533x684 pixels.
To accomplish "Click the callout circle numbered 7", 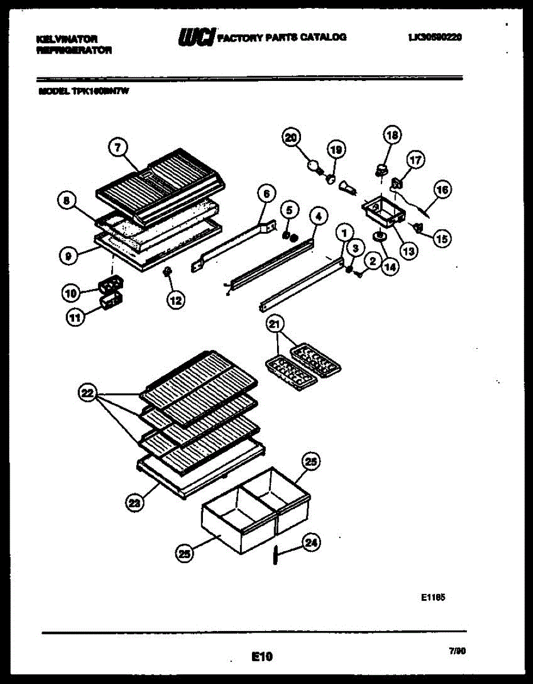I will coord(117,148).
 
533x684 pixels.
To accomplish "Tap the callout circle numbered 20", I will coord(291,137).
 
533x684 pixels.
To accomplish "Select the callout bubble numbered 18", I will coord(392,135).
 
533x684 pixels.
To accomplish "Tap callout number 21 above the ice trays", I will coord(275,325).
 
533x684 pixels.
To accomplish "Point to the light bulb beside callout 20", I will coord(312,165).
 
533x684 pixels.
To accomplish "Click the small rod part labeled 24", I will coord(275,555).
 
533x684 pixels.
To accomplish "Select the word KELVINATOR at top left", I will coord(67,38).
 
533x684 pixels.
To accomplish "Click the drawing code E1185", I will coord(433,598).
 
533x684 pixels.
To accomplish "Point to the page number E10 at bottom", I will coord(262,657).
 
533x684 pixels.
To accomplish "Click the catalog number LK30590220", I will coord(435,37).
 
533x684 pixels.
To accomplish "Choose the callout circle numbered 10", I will coord(71,293).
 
